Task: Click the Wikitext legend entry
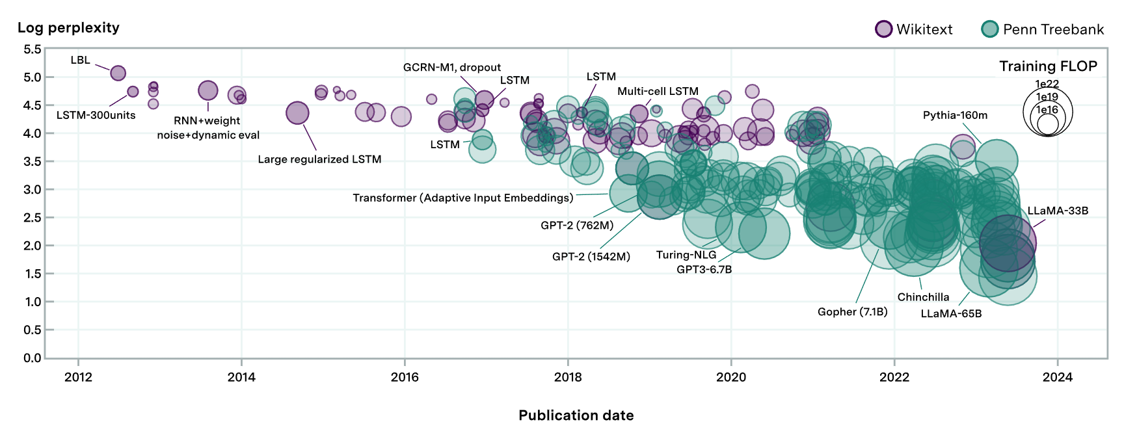click(914, 29)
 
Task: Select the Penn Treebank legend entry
click(1043, 29)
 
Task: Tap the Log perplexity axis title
click(68, 27)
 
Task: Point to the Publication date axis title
click(576, 415)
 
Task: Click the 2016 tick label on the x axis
click(405, 377)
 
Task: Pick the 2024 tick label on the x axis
click(1058, 377)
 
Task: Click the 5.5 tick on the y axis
click(33, 49)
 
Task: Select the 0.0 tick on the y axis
click(33, 358)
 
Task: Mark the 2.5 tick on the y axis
click(33, 217)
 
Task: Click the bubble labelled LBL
click(118, 73)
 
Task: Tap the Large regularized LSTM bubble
click(297, 112)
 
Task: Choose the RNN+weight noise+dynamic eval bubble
click(207, 90)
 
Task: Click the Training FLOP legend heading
click(1048, 66)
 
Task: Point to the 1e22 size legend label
click(1047, 84)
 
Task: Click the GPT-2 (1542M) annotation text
click(591, 256)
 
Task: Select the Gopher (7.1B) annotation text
click(852, 311)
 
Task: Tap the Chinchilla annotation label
click(923, 297)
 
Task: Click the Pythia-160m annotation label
click(955, 115)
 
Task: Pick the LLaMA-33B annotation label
click(1058, 211)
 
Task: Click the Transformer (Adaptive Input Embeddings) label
click(463, 198)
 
